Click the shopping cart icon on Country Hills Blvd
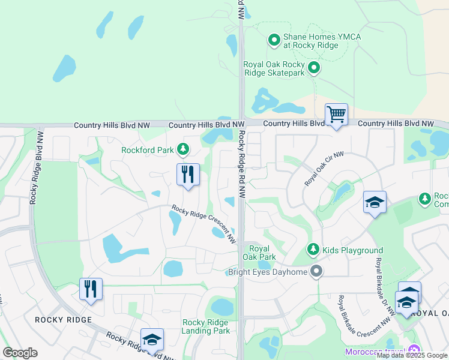[336, 114]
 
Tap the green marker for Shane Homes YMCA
[274, 41]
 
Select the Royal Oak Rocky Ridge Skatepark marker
[313, 68]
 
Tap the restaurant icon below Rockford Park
[188, 175]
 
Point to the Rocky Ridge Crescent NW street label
[203, 224]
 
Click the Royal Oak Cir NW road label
[324, 169]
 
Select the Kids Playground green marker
[313, 249]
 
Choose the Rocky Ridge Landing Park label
[206, 326]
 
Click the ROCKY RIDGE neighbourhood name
[63, 320]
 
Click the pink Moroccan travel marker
[413, 351]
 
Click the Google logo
[20, 353]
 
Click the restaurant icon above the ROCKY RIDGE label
[91, 289]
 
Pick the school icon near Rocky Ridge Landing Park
[152, 340]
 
